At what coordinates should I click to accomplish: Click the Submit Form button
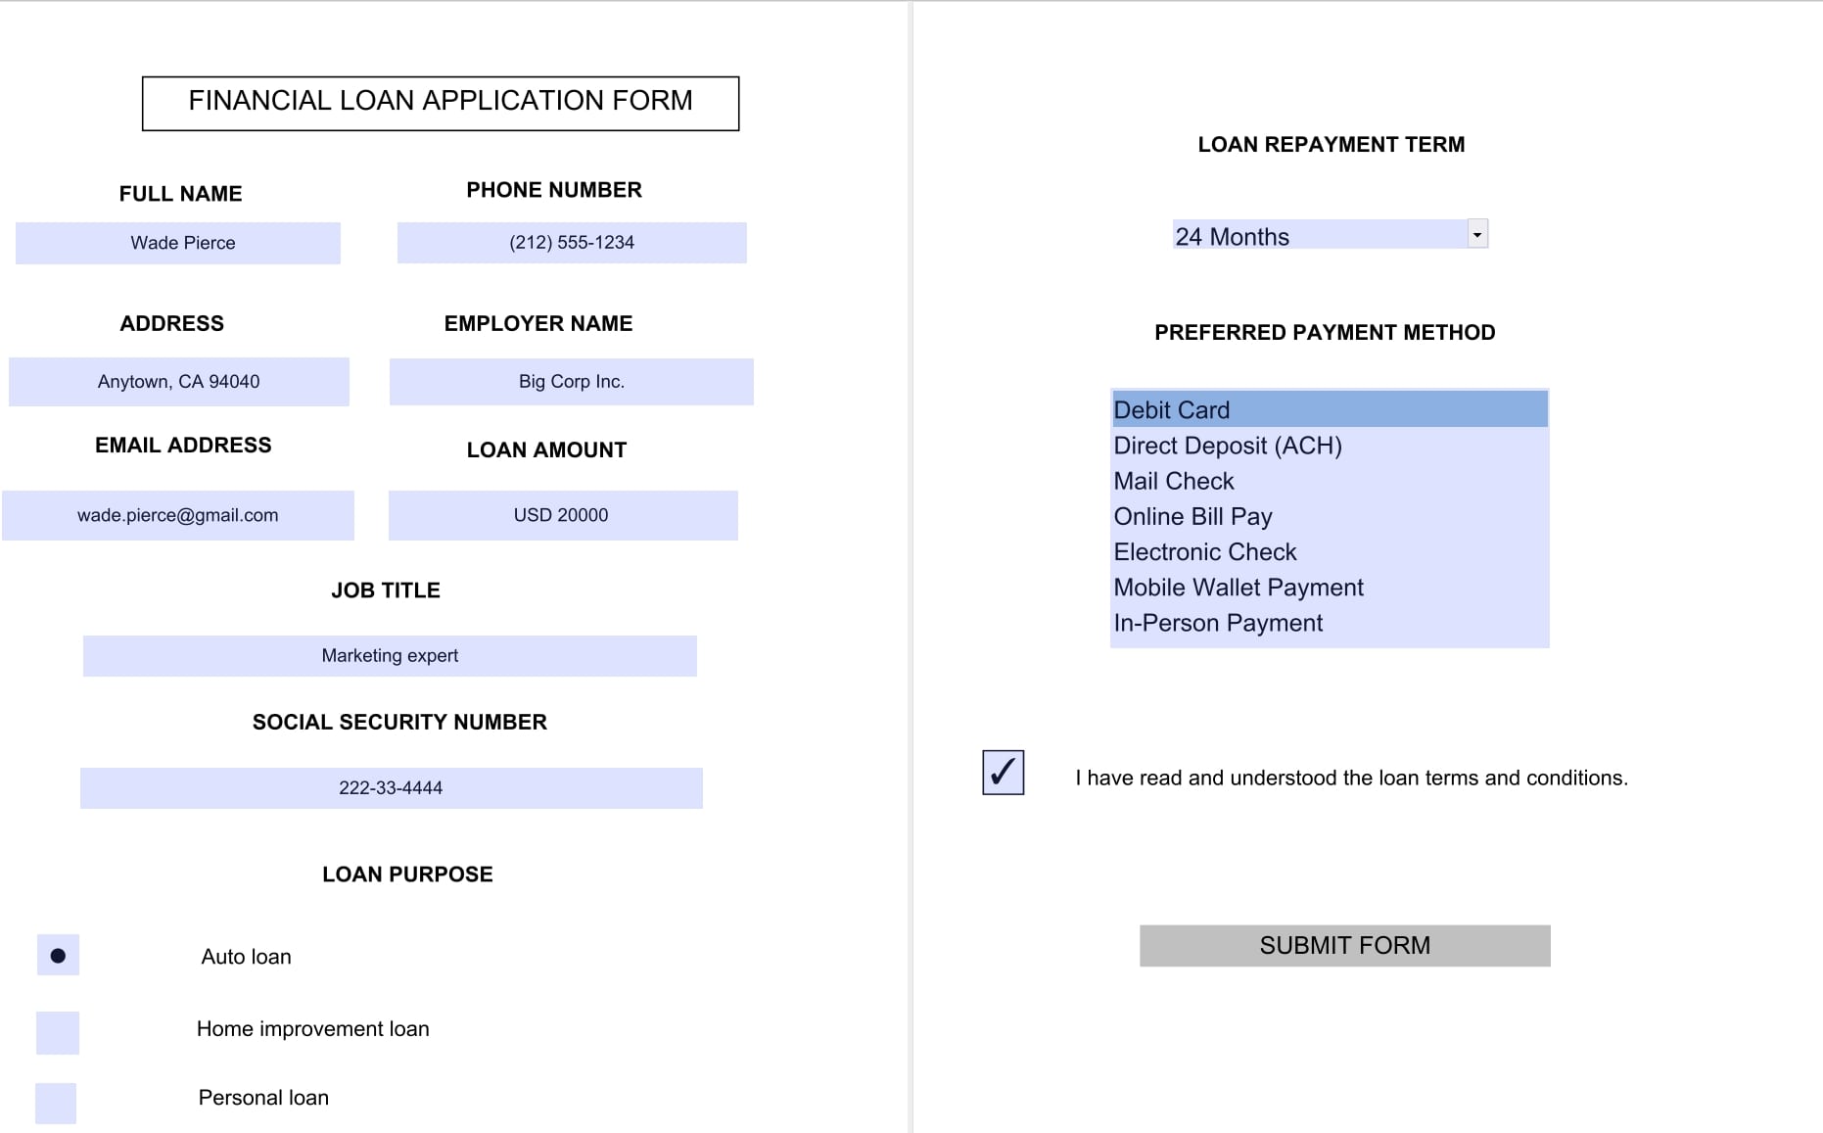point(1344,945)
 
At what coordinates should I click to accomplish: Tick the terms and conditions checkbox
point(1003,772)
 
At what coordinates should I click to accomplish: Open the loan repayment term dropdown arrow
point(1477,234)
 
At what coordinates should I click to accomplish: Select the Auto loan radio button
point(58,955)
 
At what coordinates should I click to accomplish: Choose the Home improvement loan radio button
point(58,1032)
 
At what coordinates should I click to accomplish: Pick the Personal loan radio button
point(56,1103)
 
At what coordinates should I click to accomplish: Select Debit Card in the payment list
point(1329,409)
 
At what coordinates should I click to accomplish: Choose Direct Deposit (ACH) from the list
point(1329,446)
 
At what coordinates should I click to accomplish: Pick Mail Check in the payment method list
point(1329,481)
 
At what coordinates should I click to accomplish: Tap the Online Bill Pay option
point(1329,516)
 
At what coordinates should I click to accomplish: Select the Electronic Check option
point(1329,551)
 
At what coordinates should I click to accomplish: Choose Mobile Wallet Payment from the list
point(1329,588)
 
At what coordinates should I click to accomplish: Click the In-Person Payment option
point(1329,623)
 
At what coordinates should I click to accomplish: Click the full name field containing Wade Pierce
point(178,243)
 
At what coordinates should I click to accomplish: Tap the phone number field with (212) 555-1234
point(572,243)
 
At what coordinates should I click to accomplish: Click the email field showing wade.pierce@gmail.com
point(178,515)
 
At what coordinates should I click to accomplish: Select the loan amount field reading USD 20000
point(563,515)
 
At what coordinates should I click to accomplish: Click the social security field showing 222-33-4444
point(392,787)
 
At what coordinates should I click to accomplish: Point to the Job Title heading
point(386,590)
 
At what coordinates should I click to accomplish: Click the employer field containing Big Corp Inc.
point(572,382)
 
